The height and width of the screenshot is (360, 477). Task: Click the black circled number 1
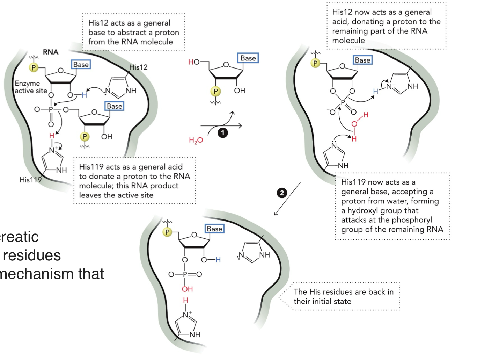click(x=223, y=133)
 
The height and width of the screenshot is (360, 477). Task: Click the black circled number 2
click(x=282, y=193)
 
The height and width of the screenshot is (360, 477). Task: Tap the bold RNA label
click(x=51, y=52)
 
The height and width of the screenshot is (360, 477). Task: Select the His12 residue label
click(x=138, y=67)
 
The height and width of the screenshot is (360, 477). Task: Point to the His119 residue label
click(x=30, y=180)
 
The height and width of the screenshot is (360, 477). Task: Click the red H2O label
click(x=196, y=141)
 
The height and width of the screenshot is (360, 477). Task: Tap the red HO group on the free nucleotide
click(x=194, y=62)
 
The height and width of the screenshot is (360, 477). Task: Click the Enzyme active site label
click(x=31, y=87)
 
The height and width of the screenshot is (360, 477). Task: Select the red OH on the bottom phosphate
click(x=187, y=289)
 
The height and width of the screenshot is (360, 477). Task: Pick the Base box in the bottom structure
click(x=214, y=229)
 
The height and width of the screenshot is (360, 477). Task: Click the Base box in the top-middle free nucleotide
click(x=248, y=58)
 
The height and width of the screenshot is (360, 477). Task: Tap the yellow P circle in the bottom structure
click(x=168, y=232)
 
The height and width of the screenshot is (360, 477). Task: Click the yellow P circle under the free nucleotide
click(x=215, y=92)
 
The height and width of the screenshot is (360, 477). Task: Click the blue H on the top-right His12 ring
click(x=376, y=91)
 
